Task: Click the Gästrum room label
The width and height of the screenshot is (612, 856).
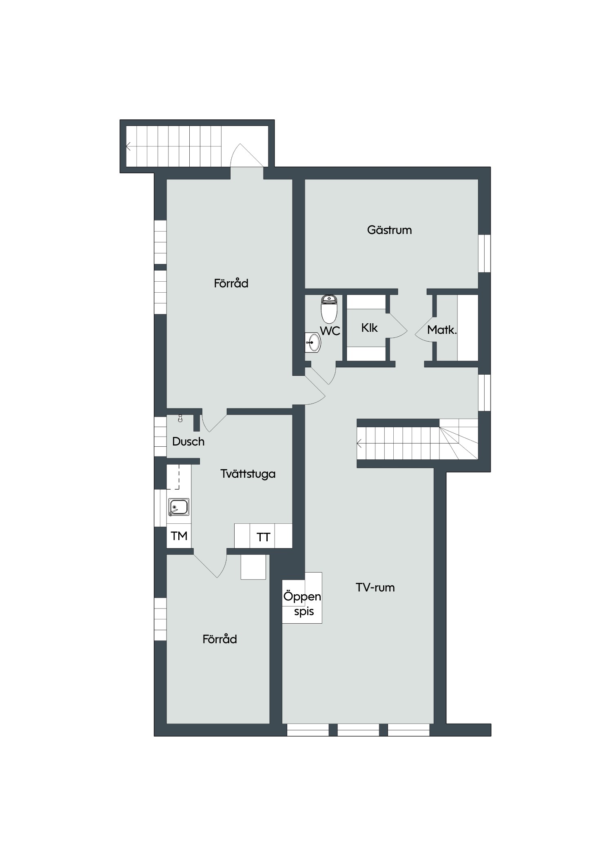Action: click(x=389, y=230)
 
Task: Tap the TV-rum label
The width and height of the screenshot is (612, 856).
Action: click(x=375, y=587)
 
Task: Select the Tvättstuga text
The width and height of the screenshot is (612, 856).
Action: click(x=248, y=474)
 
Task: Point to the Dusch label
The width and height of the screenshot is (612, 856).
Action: click(x=188, y=441)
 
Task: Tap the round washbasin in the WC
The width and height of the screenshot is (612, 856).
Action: click(x=313, y=342)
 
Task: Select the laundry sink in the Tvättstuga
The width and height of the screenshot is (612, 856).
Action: click(x=179, y=507)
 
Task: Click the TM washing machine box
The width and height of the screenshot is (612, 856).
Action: click(x=179, y=536)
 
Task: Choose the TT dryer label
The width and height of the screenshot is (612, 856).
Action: click(x=263, y=537)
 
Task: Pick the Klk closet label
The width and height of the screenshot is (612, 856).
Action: click(x=369, y=328)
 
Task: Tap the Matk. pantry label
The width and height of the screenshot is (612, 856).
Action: click(x=442, y=330)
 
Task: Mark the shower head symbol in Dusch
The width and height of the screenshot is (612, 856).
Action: click(x=180, y=418)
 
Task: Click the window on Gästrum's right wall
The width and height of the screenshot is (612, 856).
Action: click(x=484, y=253)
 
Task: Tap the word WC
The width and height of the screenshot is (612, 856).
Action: click(x=330, y=331)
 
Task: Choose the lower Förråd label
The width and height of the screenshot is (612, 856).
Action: click(x=220, y=639)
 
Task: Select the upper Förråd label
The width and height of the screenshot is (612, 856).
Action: click(x=231, y=283)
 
